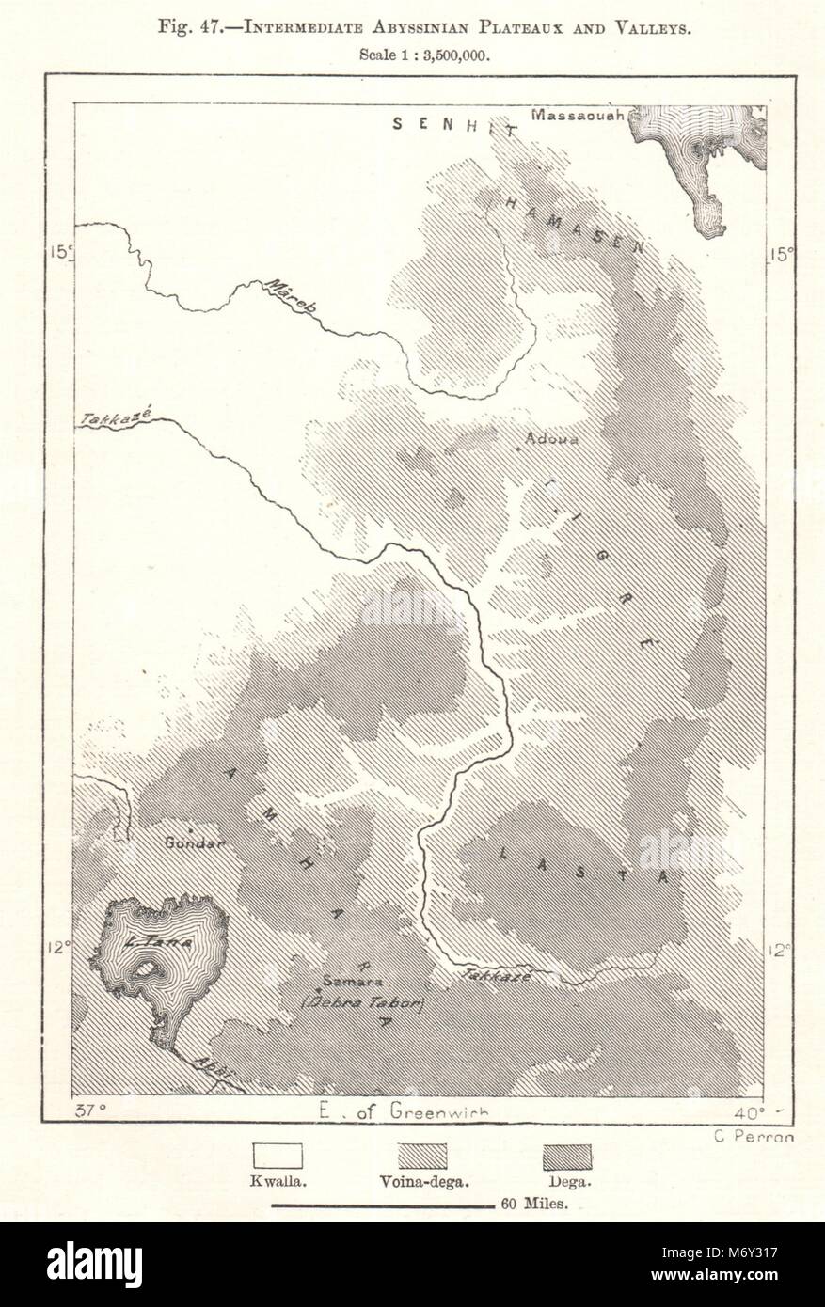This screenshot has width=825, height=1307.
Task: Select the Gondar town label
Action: tap(195, 842)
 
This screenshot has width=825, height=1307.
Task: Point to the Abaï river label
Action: tap(213, 1068)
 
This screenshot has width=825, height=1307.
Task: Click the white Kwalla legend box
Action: tap(278, 1156)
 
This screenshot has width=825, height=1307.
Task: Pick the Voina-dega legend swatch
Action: tap(422, 1156)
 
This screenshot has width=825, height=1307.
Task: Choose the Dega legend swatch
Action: tap(567, 1156)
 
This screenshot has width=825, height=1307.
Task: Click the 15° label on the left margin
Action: tap(60, 252)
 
